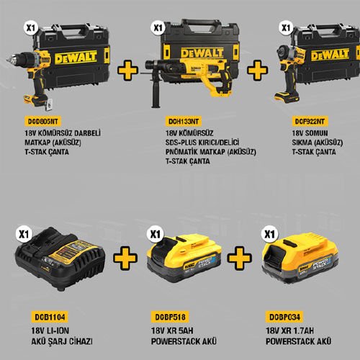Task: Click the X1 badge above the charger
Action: tap(25, 233)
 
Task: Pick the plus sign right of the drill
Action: tap(127, 71)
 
